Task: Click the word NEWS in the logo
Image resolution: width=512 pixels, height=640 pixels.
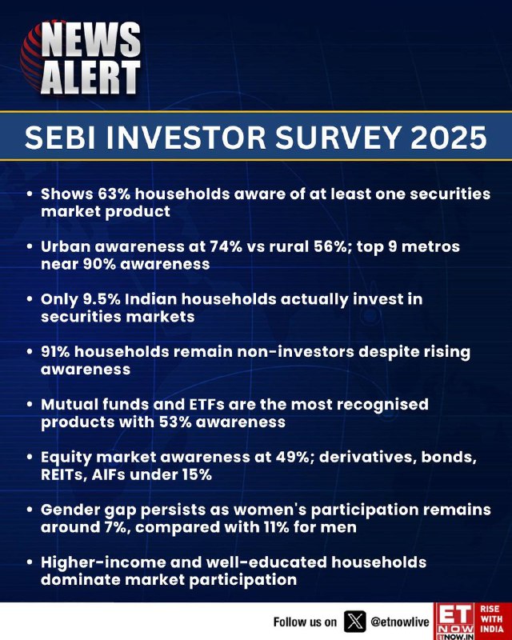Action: click(90, 40)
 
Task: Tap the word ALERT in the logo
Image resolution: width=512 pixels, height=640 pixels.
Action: click(90, 78)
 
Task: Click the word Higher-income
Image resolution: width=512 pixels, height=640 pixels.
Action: click(102, 562)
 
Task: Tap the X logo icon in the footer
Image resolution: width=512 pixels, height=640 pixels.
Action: click(354, 622)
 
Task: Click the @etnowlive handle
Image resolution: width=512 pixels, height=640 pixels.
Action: click(400, 622)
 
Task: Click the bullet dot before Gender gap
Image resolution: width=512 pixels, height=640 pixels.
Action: click(29, 510)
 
